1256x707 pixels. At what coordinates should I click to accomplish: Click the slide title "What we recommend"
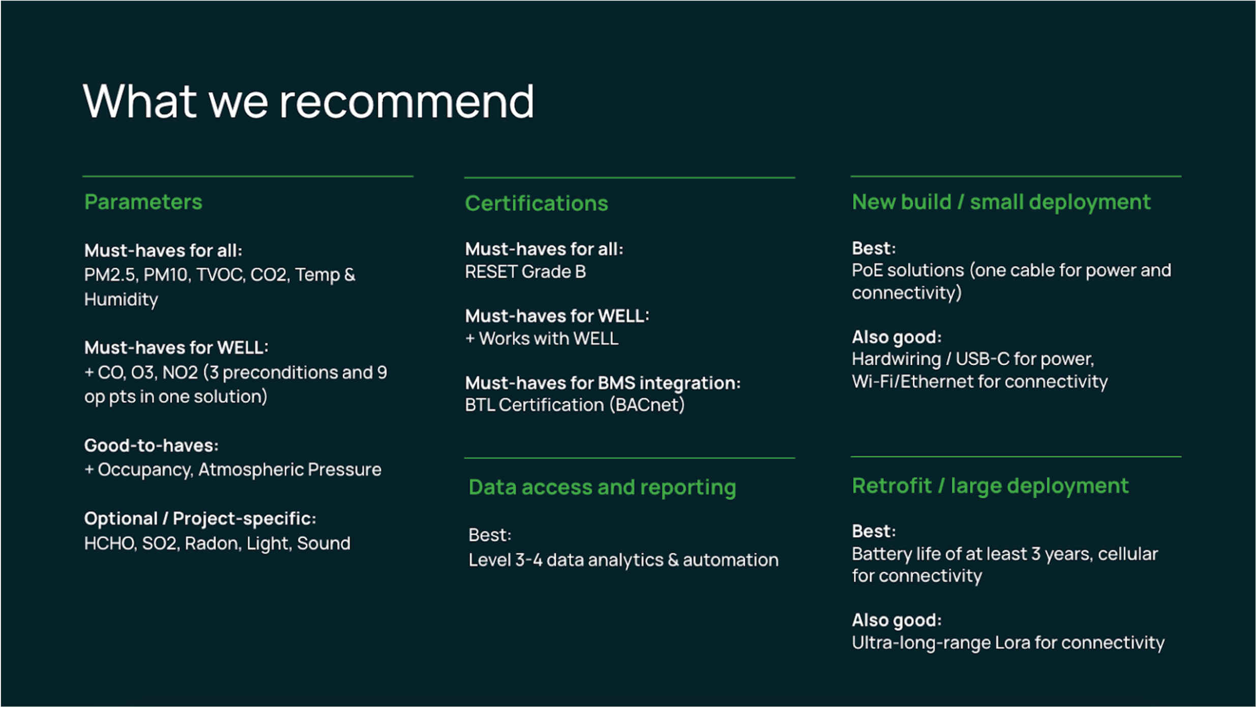click(x=309, y=101)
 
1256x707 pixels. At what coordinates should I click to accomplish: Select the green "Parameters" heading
click(x=143, y=202)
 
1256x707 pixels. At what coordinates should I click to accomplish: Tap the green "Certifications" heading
click(x=536, y=203)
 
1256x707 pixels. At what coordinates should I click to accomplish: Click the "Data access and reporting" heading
click(x=603, y=487)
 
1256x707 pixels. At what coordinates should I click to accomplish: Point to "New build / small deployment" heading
click(x=1001, y=202)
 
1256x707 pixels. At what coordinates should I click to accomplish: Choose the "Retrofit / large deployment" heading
click(x=991, y=486)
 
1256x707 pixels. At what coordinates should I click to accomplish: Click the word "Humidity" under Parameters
click(x=121, y=300)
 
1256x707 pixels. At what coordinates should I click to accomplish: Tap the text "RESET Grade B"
click(x=525, y=272)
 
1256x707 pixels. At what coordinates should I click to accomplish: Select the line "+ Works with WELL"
click(x=542, y=338)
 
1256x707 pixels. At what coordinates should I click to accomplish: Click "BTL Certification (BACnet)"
click(x=575, y=405)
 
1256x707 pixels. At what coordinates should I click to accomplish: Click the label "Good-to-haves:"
click(x=152, y=446)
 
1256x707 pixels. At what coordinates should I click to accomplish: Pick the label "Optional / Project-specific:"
click(x=200, y=519)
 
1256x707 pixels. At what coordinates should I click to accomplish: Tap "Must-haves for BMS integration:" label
click(x=603, y=382)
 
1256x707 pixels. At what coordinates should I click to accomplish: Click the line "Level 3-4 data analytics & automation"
click(x=623, y=560)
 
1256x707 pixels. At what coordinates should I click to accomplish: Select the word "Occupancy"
click(x=145, y=470)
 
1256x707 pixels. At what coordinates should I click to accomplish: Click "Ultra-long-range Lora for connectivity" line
click(x=1008, y=643)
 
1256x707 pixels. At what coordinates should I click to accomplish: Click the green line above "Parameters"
click(x=248, y=176)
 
